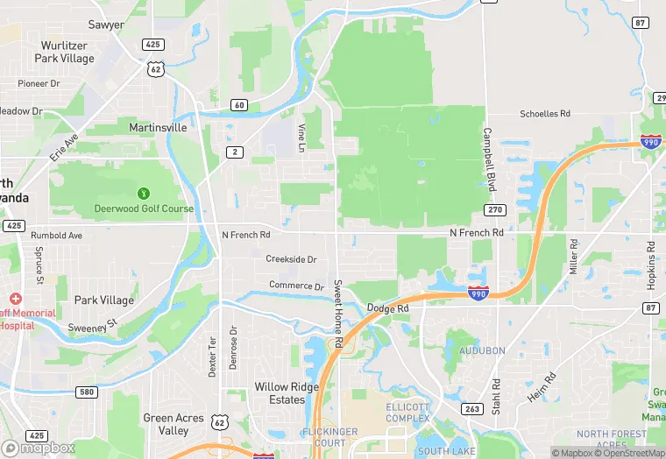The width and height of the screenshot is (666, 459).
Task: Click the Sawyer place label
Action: (x=106, y=25)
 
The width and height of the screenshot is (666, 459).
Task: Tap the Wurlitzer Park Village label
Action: (x=64, y=52)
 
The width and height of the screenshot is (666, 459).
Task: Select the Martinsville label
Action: (x=158, y=127)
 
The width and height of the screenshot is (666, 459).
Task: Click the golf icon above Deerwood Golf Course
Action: (x=144, y=193)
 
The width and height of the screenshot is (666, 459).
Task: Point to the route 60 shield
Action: (x=239, y=105)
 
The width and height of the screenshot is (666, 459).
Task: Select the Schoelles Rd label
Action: (x=545, y=114)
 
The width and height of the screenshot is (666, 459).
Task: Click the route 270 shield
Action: (x=494, y=210)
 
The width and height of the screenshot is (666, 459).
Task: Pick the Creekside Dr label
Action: (x=291, y=259)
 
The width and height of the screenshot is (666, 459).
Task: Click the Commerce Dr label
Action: (x=296, y=286)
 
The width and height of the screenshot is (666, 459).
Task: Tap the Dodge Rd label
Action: (x=388, y=308)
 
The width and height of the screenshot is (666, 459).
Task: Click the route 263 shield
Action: (x=471, y=408)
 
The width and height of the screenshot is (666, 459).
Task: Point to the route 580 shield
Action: (x=86, y=392)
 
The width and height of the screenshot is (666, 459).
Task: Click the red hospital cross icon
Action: (x=16, y=299)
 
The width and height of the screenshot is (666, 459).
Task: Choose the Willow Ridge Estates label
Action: (x=280, y=392)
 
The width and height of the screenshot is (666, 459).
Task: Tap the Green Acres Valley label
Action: (x=173, y=424)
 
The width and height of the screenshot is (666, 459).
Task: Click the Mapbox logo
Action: (x=39, y=448)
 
